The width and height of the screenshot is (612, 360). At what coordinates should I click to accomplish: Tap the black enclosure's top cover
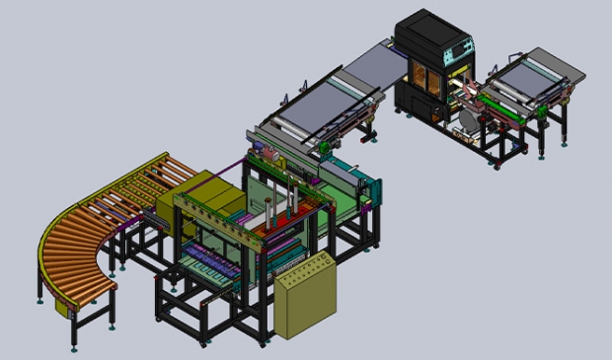424,24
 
